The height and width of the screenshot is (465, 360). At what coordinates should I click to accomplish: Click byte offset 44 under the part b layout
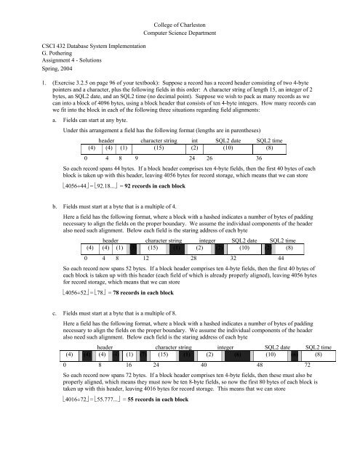280,264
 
